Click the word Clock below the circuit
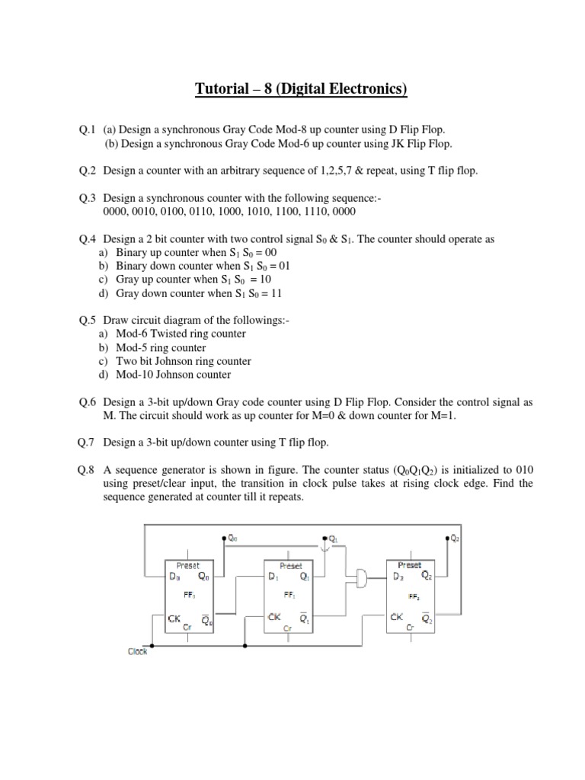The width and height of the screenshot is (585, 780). pyautogui.click(x=137, y=651)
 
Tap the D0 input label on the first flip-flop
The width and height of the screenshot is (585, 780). pyautogui.click(x=174, y=577)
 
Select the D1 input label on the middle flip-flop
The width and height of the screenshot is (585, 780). pyautogui.click(x=273, y=577)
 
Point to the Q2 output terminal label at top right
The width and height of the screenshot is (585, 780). pyautogui.click(x=455, y=538)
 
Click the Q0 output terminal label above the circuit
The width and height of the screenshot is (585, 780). pyautogui.click(x=233, y=538)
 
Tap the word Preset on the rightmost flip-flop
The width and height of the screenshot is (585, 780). pyautogui.click(x=410, y=565)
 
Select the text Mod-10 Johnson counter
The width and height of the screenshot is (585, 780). pyautogui.click(x=174, y=375)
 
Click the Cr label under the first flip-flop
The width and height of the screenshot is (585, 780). pyautogui.click(x=187, y=627)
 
